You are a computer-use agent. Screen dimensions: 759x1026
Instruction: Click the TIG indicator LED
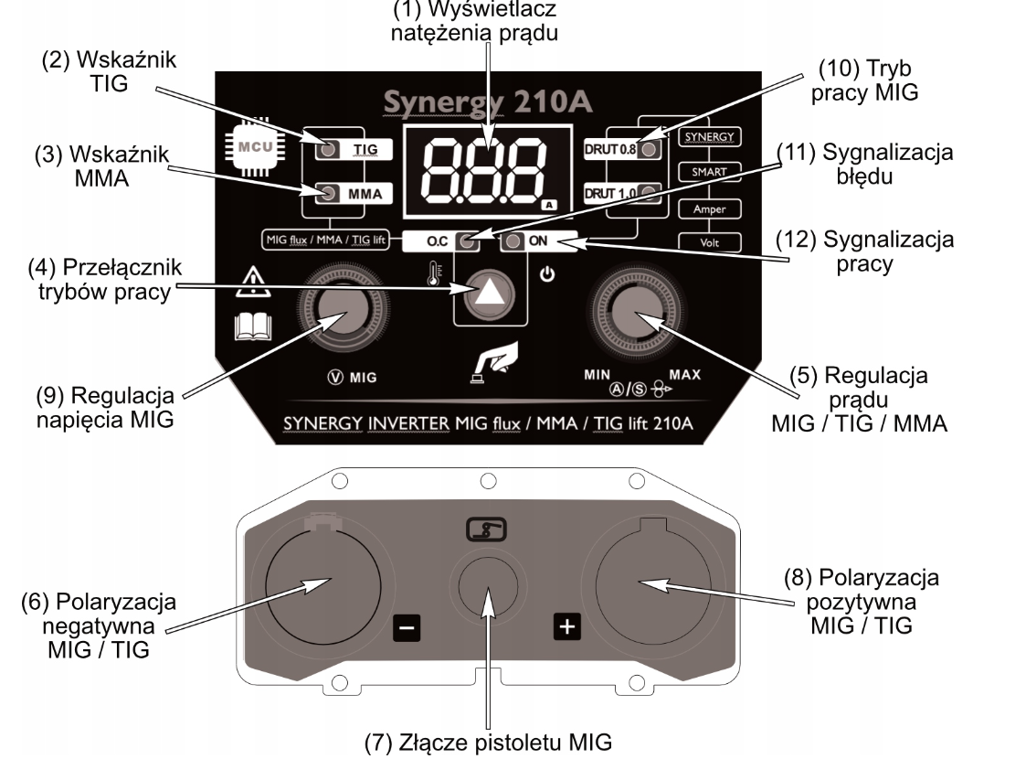coord(328,149)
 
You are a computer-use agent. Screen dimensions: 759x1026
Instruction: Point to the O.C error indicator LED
coord(467,242)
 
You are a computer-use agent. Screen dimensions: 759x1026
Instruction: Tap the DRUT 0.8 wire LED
coord(649,149)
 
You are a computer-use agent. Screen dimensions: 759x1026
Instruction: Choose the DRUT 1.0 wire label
coord(609,193)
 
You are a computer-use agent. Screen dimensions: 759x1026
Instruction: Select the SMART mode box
coord(709,172)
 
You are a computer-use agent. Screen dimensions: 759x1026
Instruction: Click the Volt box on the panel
coord(709,242)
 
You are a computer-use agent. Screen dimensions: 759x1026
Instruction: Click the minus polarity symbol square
coord(407,626)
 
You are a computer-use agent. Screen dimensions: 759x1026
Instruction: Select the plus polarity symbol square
coord(568,626)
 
